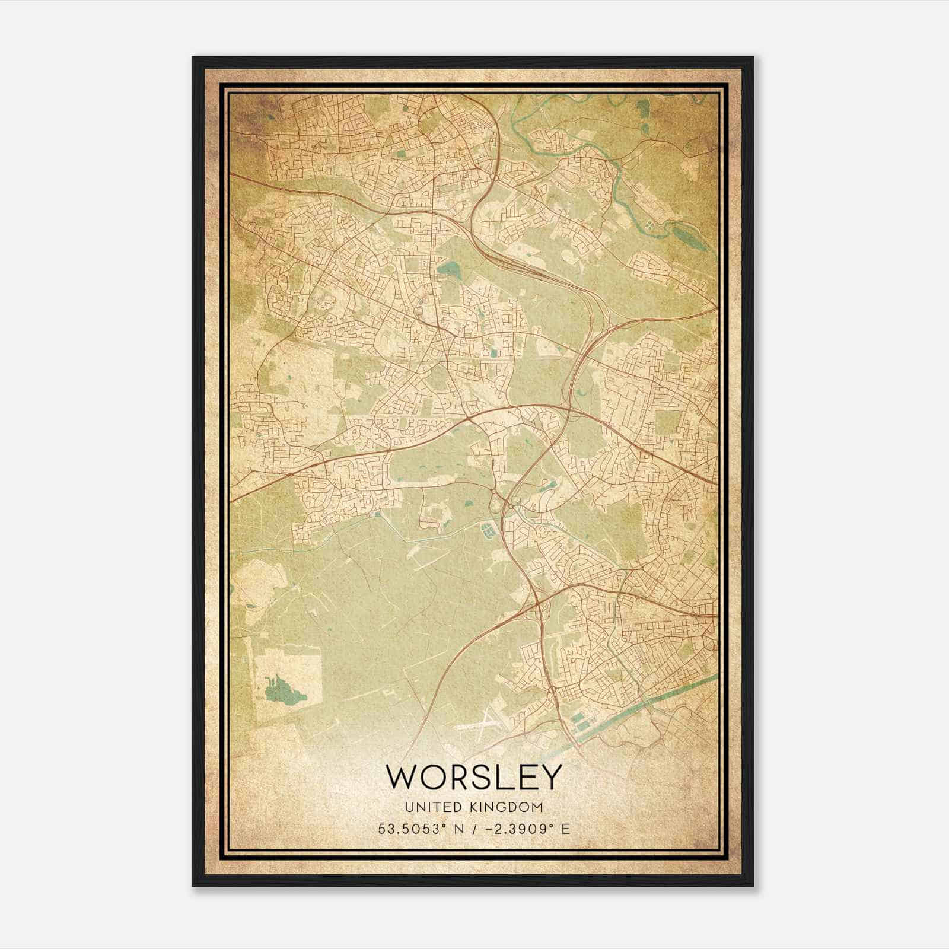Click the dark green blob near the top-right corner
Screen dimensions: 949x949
(x=642, y=108)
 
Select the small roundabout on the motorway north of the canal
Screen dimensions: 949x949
(x=552, y=690)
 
